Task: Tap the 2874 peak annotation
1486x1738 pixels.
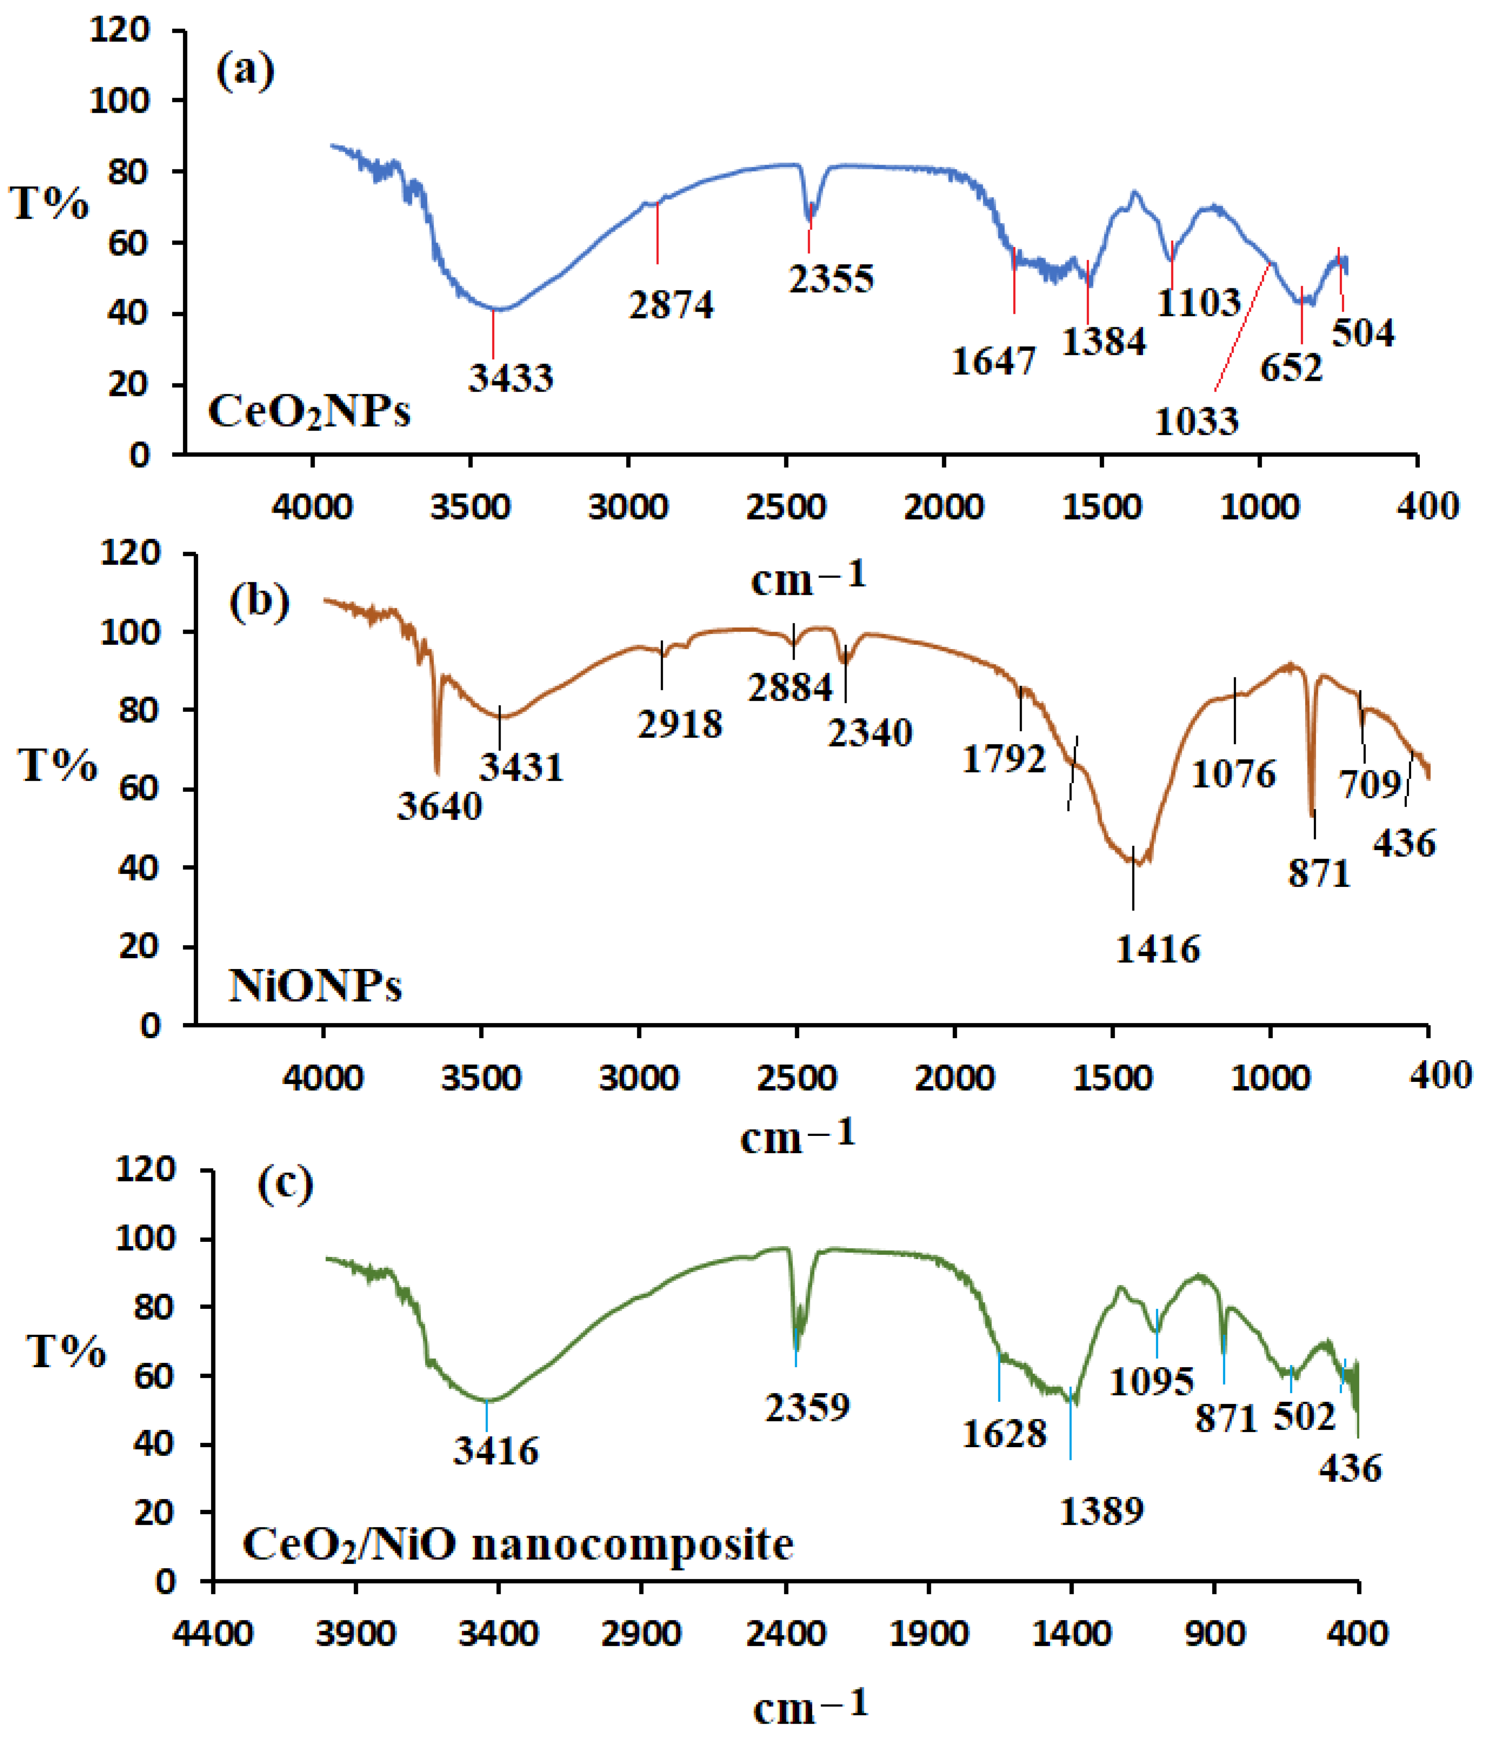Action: (x=671, y=304)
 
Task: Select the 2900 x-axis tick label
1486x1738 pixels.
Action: (x=641, y=1633)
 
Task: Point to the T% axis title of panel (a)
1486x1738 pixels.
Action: (x=49, y=203)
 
